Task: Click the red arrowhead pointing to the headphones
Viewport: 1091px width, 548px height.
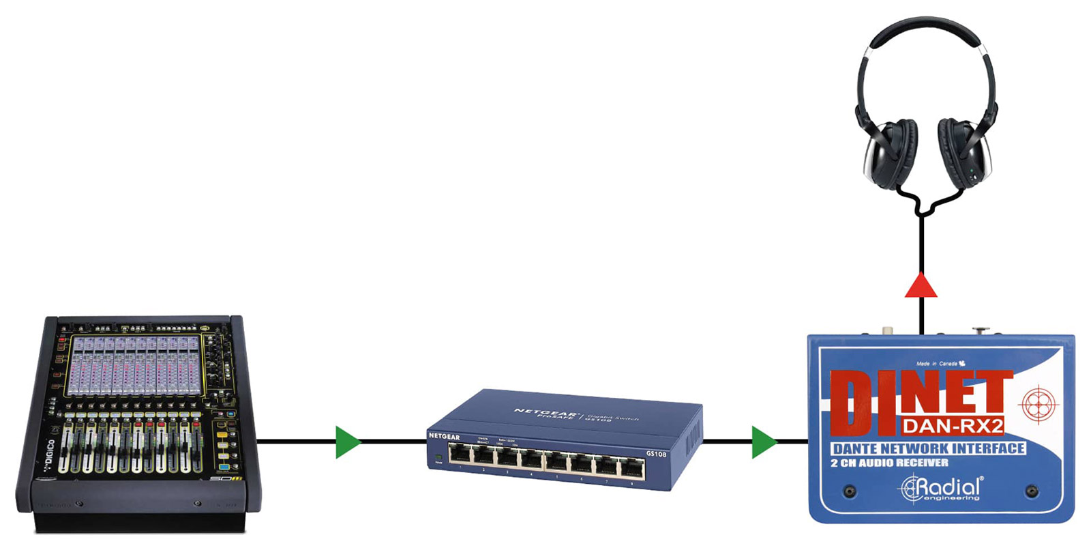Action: (921, 287)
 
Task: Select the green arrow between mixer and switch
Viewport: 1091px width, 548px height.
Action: (346, 442)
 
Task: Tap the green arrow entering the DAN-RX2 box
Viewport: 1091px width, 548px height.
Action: (763, 442)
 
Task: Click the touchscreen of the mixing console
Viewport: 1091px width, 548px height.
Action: (135, 365)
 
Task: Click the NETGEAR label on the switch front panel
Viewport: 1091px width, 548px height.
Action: (444, 436)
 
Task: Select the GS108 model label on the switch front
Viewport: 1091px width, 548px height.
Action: (655, 454)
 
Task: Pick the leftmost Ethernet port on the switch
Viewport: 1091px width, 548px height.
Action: (461, 453)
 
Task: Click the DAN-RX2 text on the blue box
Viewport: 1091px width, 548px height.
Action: (953, 427)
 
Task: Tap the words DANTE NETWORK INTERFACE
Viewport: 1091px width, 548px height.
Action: (928, 448)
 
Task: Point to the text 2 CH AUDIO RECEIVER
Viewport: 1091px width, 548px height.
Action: (888, 463)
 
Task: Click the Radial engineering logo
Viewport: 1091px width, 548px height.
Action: (941, 489)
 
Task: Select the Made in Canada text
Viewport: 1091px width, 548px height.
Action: (940, 364)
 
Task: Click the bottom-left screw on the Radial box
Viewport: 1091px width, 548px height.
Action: (850, 491)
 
